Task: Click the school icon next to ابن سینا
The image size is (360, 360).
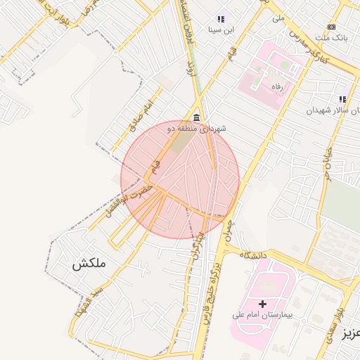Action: tap(221, 20)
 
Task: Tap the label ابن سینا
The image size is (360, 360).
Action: tap(221, 30)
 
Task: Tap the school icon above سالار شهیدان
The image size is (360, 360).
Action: tap(342, 100)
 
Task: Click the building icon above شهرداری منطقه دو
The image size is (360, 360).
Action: tap(196, 118)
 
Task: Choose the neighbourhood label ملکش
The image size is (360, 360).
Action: tap(88, 264)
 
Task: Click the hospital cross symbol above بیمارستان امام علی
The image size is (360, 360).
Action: tap(263, 304)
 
